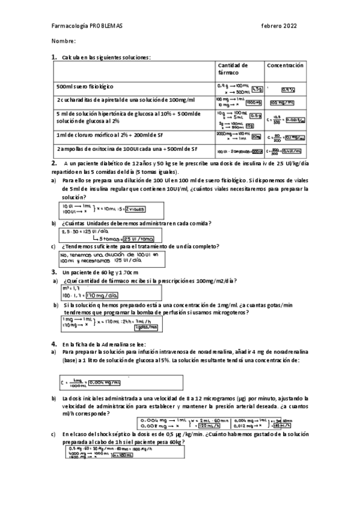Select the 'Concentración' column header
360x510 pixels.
coord(285,65)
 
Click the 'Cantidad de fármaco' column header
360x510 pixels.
coord(233,68)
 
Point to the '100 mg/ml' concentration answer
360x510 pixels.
coord(282,102)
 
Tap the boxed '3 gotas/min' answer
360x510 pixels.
coord(145,327)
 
